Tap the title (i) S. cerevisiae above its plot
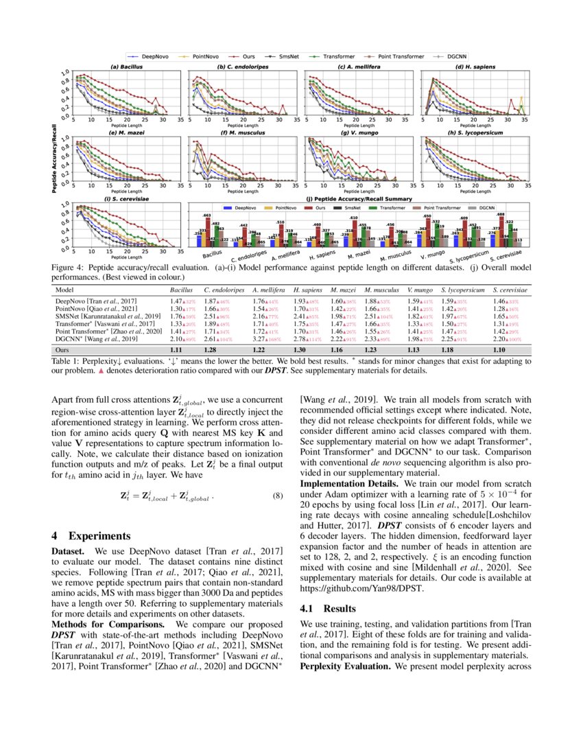click(128, 199)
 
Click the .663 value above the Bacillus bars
click(206, 215)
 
